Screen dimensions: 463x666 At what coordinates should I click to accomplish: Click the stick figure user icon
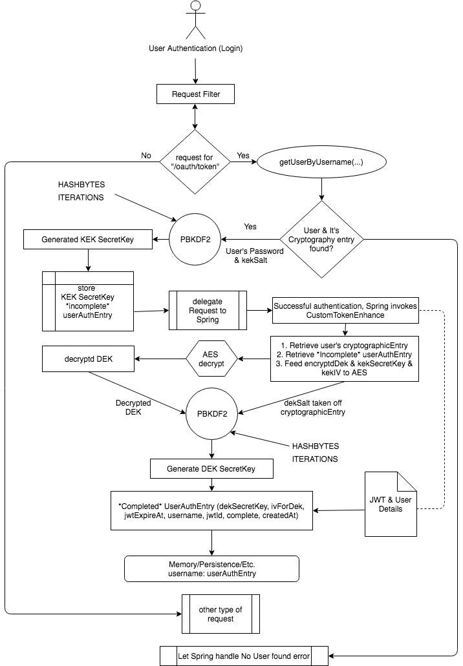click(x=195, y=20)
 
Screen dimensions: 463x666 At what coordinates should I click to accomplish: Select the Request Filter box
click(x=195, y=94)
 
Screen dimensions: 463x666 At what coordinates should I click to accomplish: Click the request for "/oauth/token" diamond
click(x=195, y=162)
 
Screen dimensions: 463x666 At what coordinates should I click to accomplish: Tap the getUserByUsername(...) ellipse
click(x=321, y=162)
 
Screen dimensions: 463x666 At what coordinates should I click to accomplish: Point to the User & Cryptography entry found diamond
click(x=321, y=240)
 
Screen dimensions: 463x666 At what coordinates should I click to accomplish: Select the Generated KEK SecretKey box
click(x=87, y=240)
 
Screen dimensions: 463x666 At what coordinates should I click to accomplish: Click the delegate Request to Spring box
click(x=208, y=311)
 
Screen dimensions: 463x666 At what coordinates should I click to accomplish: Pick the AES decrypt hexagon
click(x=211, y=359)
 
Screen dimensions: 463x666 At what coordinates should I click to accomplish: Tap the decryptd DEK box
click(x=89, y=359)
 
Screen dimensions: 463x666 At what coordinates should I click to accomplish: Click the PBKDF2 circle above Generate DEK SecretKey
click(x=211, y=413)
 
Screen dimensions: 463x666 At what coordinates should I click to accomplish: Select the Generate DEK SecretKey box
click(x=211, y=469)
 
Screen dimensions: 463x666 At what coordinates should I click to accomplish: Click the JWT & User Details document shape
click(x=391, y=504)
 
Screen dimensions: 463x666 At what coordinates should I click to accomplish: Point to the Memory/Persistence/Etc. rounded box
click(x=211, y=569)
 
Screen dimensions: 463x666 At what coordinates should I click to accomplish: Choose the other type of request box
click(x=221, y=614)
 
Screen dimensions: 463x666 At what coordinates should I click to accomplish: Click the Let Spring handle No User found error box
click(x=244, y=656)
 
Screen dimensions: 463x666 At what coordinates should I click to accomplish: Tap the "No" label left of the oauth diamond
click(x=146, y=156)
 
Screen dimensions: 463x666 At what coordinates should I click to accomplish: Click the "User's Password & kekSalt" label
click(x=254, y=256)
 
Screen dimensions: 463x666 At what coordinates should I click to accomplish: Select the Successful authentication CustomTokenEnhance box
click(x=345, y=311)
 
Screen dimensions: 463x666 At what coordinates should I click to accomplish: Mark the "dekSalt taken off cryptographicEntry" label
click(x=313, y=408)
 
